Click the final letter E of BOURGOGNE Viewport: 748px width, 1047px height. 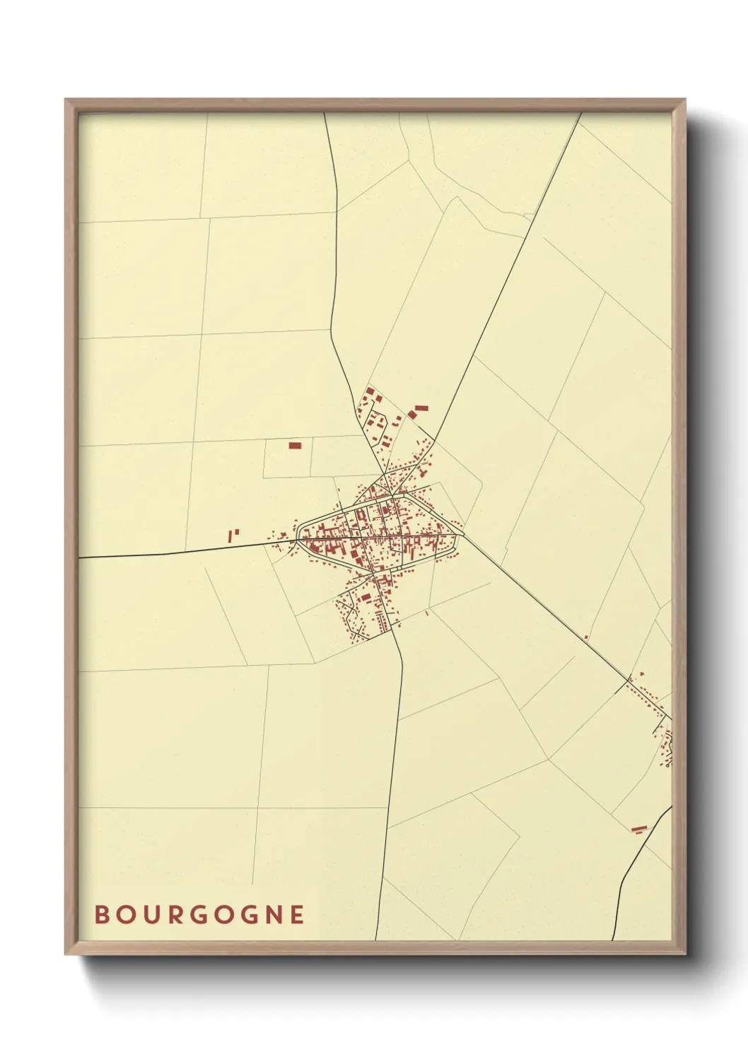(x=298, y=915)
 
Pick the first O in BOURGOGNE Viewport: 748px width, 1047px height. (x=124, y=915)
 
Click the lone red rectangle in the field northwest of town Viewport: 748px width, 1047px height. (x=295, y=446)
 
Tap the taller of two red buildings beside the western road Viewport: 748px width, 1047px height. (x=230, y=537)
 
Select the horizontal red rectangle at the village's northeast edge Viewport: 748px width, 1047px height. (x=421, y=408)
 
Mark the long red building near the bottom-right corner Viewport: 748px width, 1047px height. (x=639, y=828)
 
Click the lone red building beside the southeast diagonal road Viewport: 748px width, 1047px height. (x=586, y=637)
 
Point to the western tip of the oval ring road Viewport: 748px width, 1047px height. (x=299, y=536)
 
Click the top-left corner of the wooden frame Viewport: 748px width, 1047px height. (x=66, y=100)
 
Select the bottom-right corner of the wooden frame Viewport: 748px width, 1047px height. (x=684, y=954)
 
